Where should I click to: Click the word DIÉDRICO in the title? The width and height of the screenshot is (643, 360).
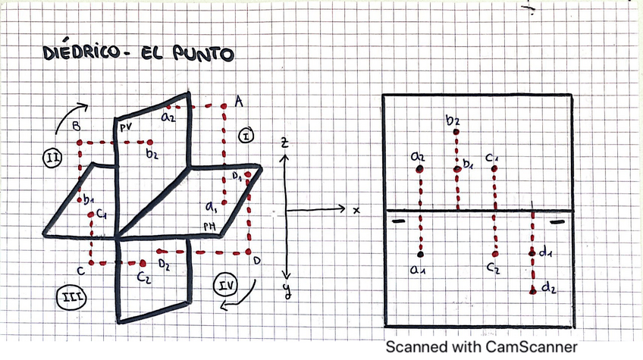point(82,55)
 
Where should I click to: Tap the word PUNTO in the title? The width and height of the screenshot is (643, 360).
point(199,55)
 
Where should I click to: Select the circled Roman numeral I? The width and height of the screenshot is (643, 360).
point(247,136)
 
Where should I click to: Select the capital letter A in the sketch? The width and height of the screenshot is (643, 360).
point(238,101)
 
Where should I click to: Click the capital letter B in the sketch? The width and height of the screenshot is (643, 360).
point(76,127)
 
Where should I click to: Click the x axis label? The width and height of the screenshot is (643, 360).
point(355,209)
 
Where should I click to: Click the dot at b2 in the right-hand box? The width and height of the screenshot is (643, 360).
point(456,133)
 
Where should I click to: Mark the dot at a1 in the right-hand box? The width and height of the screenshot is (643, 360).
point(419,254)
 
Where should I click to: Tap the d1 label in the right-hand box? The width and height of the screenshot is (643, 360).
point(544,254)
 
